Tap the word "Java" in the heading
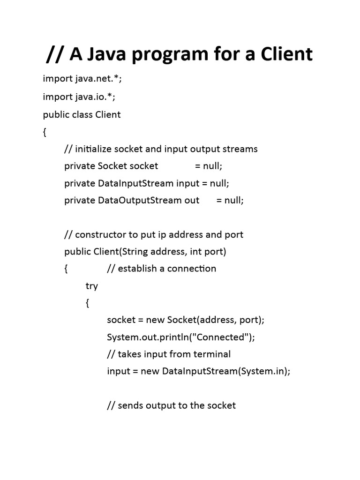(x=113, y=54)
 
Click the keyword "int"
(x=195, y=252)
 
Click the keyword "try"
(x=91, y=286)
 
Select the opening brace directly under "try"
(x=87, y=303)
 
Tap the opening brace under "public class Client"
(x=45, y=132)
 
